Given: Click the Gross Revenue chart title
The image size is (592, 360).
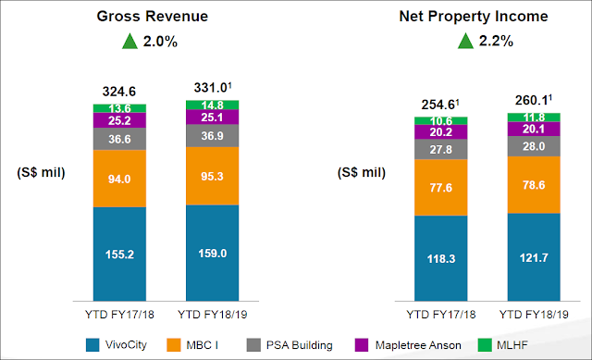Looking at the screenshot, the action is pyautogui.click(x=152, y=17).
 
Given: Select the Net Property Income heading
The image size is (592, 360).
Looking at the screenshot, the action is pyautogui.click(x=474, y=17).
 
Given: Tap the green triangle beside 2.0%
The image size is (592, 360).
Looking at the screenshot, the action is pyautogui.click(x=129, y=41).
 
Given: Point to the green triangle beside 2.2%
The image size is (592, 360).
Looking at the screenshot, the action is pyautogui.click(x=465, y=41).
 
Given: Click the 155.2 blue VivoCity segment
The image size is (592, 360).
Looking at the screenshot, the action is pyautogui.click(x=119, y=254).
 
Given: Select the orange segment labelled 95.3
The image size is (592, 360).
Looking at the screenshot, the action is pyautogui.click(x=212, y=176).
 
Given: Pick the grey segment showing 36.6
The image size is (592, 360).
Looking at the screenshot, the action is pyautogui.click(x=119, y=139).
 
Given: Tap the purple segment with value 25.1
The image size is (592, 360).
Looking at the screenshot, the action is pyautogui.click(x=212, y=118).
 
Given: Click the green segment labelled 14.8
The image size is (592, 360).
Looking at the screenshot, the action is pyautogui.click(x=212, y=105).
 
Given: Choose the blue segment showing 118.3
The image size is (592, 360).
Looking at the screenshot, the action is pyautogui.click(x=441, y=258).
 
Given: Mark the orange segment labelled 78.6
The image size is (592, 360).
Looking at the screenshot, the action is pyautogui.click(x=534, y=185).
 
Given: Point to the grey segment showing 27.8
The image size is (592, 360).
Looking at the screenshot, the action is pyautogui.click(x=441, y=149).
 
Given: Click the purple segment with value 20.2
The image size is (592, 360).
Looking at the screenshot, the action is pyautogui.click(x=441, y=131).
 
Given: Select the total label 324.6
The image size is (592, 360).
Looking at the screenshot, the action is pyautogui.click(x=119, y=92).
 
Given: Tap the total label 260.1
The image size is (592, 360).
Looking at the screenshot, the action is pyautogui.click(x=534, y=100).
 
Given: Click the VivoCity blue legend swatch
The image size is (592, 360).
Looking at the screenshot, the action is pyautogui.click(x=92, y=345).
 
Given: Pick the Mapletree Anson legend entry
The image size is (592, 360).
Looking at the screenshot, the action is pyautogui.click(x=408, y=345).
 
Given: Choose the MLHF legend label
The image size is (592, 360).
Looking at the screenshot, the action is pyautogui.click(x=512, y=345).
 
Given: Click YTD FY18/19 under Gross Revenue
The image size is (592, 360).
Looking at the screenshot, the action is pyautogui.click(x=212, y=315).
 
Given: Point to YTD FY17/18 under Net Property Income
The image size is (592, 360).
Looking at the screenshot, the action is pyautogui.click(x=441, y=315).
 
